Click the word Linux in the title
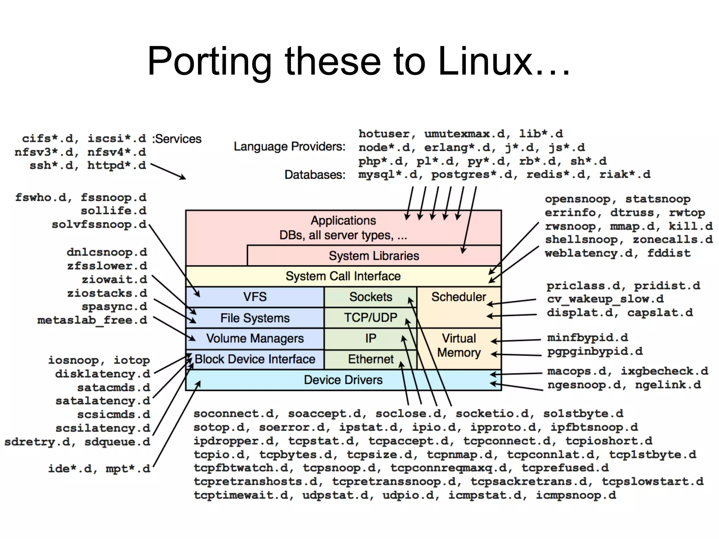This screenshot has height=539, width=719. (486, 61)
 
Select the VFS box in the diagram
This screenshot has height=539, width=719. (255, 297)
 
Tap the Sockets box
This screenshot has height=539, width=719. (370, 297)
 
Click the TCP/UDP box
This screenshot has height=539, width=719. (370, 318)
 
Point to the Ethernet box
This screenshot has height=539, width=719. (370, 359)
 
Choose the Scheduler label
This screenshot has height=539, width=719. (459, 297)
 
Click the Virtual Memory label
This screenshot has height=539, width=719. (459, 345)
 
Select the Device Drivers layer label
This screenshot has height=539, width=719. (343, 380)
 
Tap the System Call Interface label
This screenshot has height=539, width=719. (343, 276)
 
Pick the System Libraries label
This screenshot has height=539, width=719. (374, 256)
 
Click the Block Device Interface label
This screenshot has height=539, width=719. (255, 359)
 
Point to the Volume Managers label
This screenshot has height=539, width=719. (255, 338)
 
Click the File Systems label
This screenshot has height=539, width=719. (255, 318)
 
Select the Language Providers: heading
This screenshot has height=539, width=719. (290, 146)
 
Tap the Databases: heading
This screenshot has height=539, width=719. (315, 174)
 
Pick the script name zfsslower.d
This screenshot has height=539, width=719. (107, 266)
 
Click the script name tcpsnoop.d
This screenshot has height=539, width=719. (339, 468)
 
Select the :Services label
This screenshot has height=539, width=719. (177, 139)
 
